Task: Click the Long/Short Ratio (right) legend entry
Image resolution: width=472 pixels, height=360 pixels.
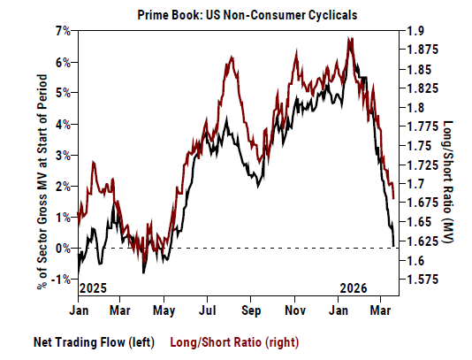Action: click(222, 341)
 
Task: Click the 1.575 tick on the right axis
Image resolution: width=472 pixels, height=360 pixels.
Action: click(422, 280)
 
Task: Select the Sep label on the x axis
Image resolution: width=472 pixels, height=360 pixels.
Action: click(251, 311)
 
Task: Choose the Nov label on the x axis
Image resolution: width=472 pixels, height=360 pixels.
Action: click(295, 311)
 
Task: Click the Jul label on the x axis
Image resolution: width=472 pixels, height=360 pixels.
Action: click(209, 311)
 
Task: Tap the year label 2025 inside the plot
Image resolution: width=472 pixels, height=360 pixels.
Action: click(92, 288)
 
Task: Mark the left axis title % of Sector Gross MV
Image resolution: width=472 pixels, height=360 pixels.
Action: click(42, 168)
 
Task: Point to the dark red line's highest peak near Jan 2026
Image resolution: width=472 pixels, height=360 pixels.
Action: click(351, 38)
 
